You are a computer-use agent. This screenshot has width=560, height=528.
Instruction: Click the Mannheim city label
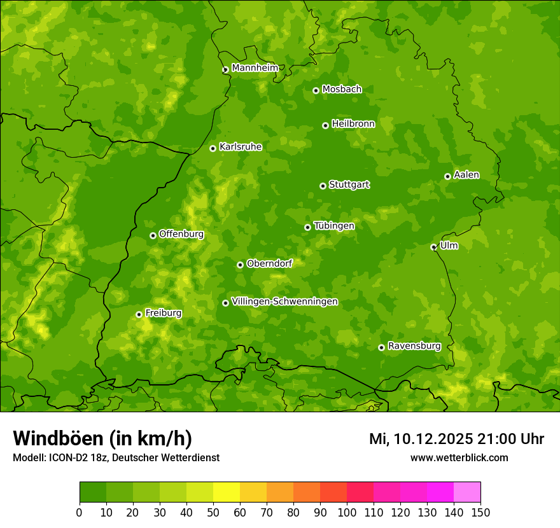(255, 68)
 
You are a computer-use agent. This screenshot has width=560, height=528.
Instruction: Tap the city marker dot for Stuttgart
(323, 186)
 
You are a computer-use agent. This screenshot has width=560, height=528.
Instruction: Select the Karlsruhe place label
(241, 147)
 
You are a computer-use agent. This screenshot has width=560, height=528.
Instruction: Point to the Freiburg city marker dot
(139, 314)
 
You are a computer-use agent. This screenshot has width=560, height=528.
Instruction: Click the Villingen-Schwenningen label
(284, 302)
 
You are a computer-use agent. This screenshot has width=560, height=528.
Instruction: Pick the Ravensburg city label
(414, 346)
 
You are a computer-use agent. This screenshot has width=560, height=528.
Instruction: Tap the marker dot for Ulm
(433, 247)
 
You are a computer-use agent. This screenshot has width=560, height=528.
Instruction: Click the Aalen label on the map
(466, 175)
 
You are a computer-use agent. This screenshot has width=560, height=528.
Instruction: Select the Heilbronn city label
(353, 124)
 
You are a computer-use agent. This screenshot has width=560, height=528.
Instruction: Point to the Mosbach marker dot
(316, 90)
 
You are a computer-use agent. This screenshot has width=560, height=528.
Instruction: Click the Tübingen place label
(334, 226)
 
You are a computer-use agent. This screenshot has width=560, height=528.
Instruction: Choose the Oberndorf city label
(269, 263)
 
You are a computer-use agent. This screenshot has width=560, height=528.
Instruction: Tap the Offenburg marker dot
(153, 235)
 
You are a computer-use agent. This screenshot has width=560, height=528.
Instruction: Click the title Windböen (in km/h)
(102, 438)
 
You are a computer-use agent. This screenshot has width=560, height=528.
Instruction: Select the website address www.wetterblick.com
(459, 457)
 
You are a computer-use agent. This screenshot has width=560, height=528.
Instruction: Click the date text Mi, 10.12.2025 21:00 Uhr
(456, 439)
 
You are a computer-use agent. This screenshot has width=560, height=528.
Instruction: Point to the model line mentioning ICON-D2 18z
(116, 457)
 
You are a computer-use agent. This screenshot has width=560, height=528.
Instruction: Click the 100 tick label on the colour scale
(347, 512)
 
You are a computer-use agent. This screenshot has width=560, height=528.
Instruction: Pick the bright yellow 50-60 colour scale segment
(227, 492)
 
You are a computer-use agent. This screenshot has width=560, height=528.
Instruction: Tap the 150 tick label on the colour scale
(480, 512)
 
